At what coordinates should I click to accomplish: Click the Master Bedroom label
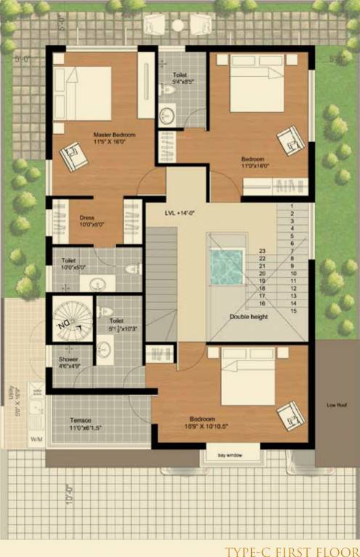pos(114,135)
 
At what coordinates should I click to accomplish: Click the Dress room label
pos(87,216)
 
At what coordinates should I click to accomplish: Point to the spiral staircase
pos(72,320)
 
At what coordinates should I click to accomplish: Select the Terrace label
pos(81,420)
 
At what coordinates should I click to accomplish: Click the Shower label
pos(69,359)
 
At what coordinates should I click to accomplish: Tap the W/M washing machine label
pos(36,440)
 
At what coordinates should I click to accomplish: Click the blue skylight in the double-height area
pos(225,267)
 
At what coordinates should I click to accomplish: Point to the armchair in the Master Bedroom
pos(73,155)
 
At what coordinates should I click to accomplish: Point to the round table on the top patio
pos(178,25)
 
